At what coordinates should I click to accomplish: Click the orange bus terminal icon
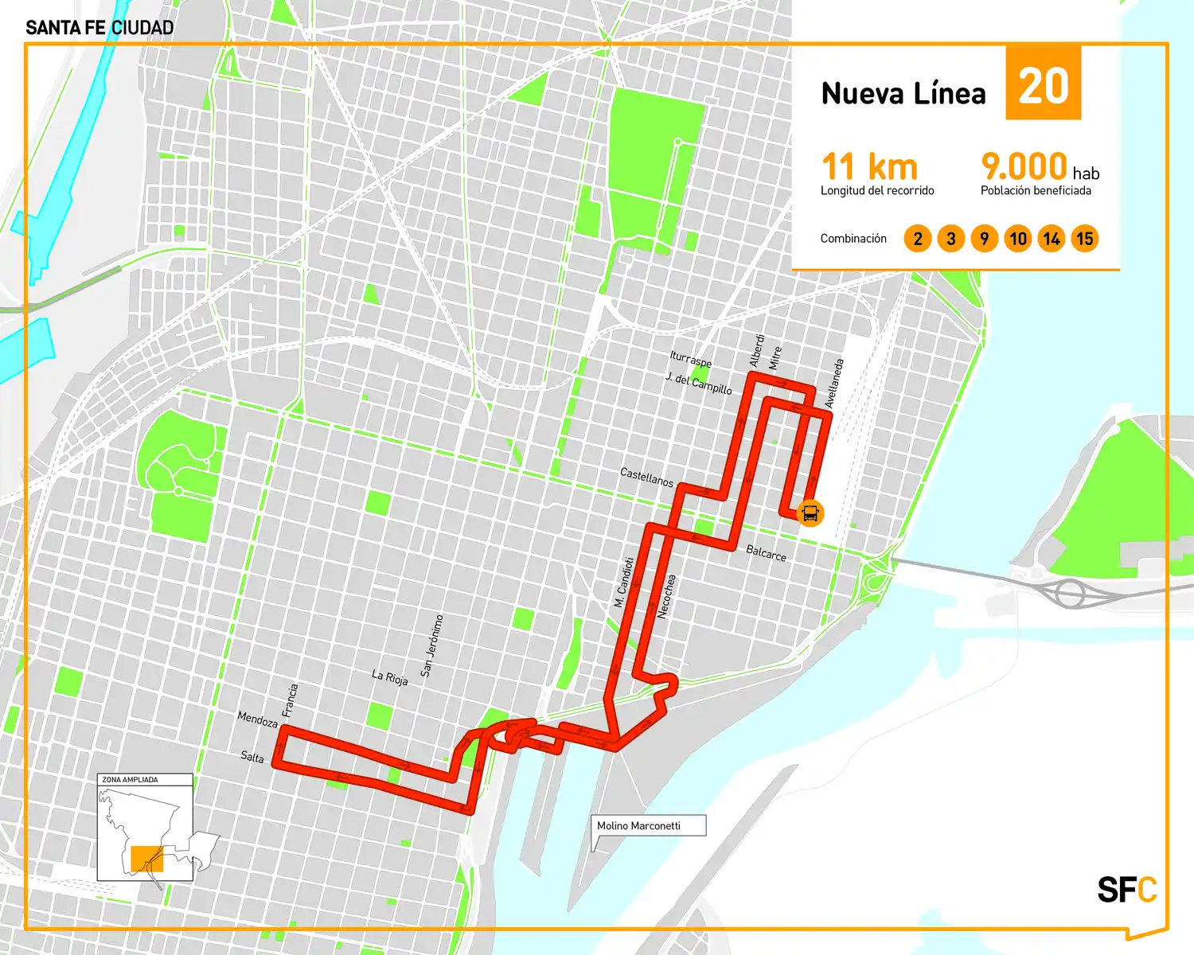[x=810, y=513]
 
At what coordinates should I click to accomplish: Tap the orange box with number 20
[x=1043, y=84]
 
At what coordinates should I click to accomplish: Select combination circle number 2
[x=918, y=239]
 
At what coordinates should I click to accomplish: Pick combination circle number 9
[x=985, y=239]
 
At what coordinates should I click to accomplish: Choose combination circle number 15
[x=1084, y=239]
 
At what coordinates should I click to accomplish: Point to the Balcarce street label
[x=766, y=553]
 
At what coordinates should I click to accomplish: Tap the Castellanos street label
[x=646, y=477]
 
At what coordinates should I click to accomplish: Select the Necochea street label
[x=667, y=596]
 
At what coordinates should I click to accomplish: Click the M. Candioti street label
[x=624, y=582]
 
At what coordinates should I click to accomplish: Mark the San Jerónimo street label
[x=431, y=645]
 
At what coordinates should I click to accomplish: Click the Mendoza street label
[x=257, y=719]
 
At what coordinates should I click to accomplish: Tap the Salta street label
[x=252, y=756]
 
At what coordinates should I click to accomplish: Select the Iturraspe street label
[x=691, y=359]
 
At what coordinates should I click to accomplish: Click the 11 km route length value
[x=869, y=167]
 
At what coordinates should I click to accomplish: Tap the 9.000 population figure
[x=1024, y=167]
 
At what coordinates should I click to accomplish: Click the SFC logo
[x=1126, y=890]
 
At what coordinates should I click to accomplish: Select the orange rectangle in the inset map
[x=146, y=859]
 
